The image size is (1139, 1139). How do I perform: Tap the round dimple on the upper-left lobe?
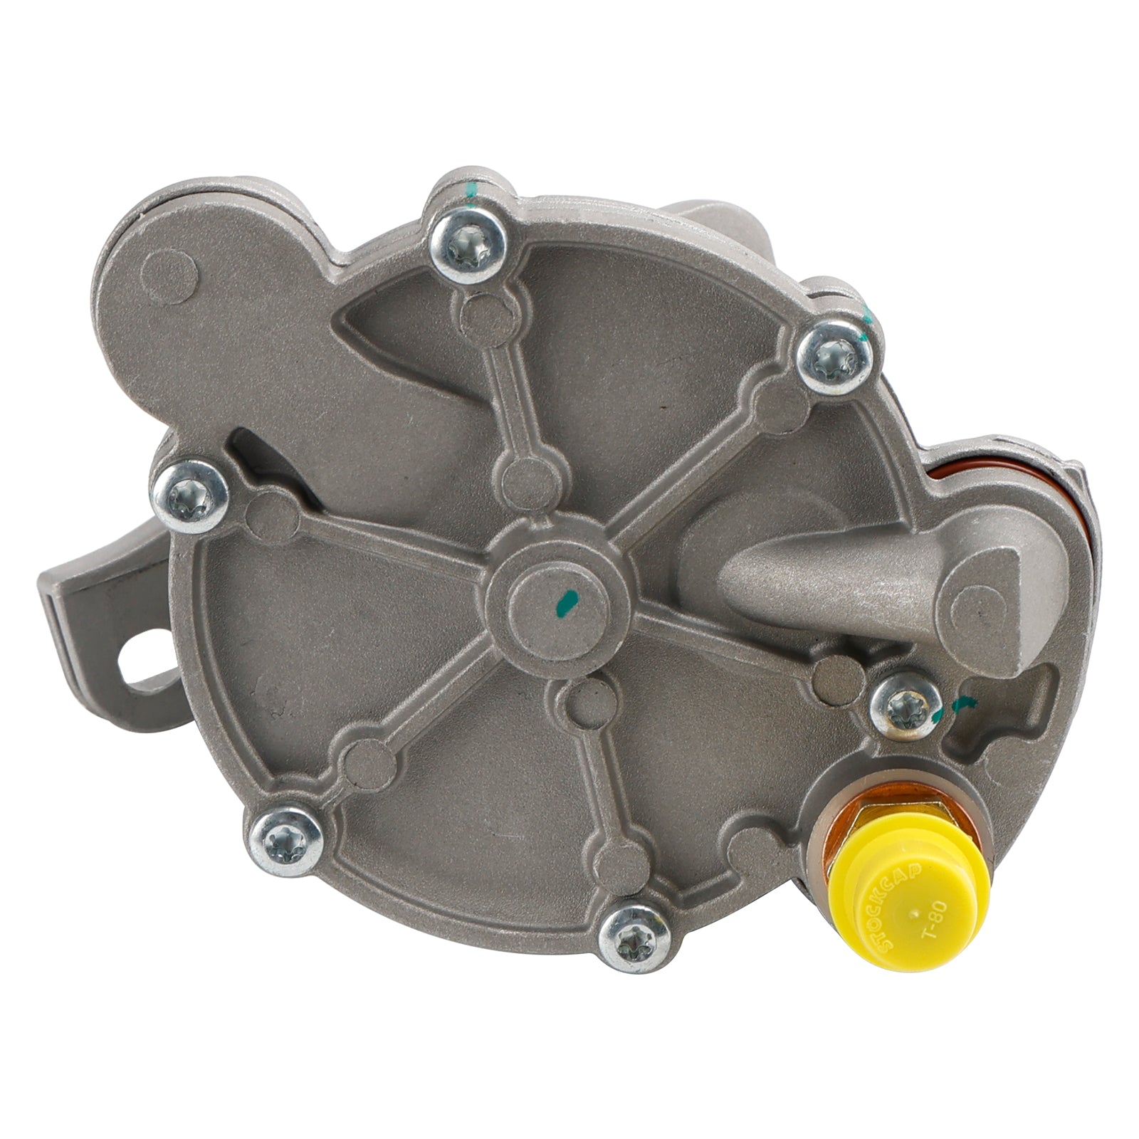[169, 274]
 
